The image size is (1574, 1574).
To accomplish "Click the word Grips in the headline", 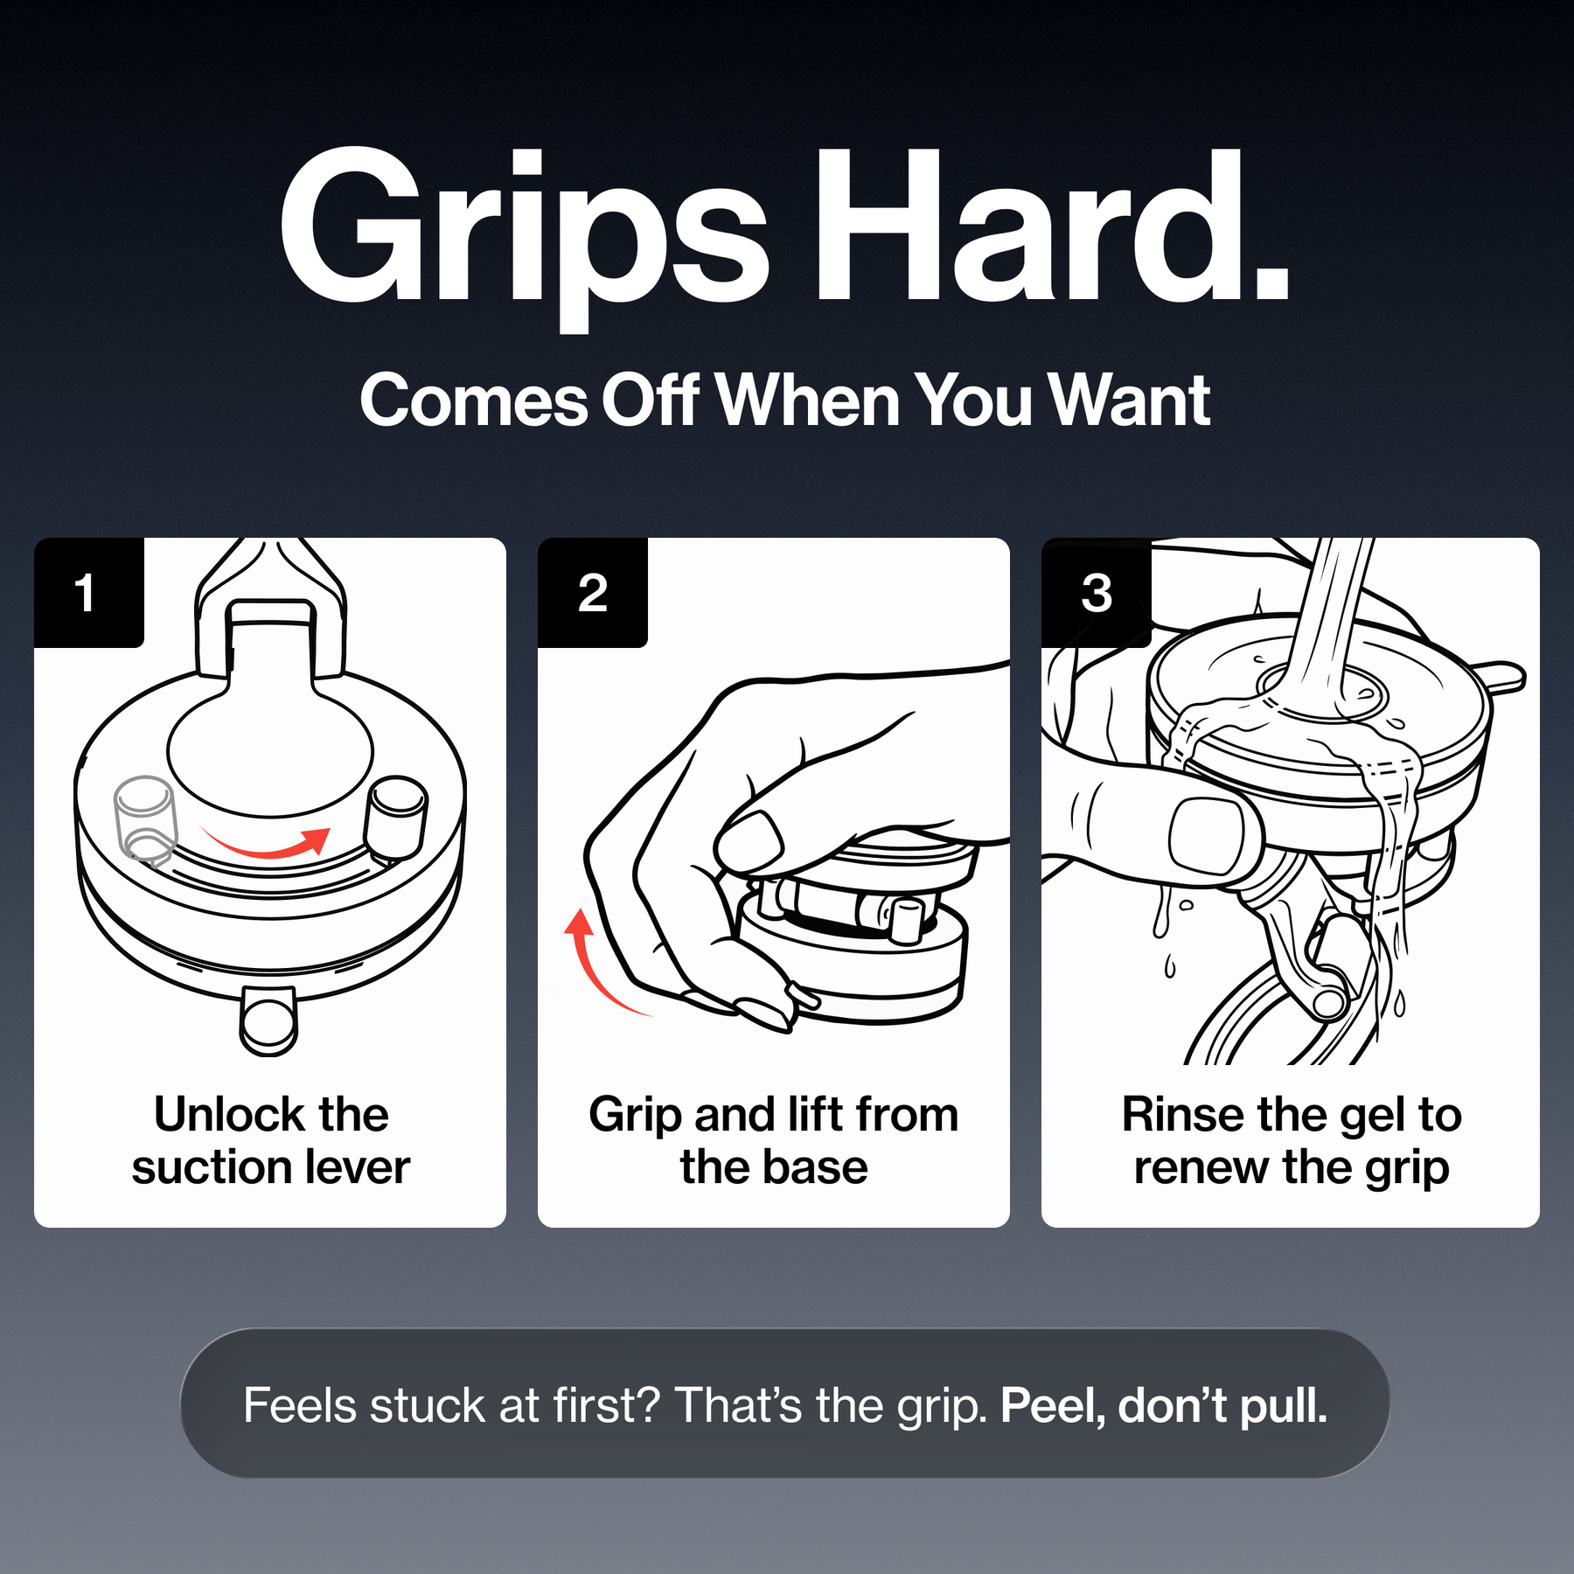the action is pyautogui.click(x=523, y=236).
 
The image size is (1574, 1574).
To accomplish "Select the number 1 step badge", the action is pyautogui.click(x=88, y=592).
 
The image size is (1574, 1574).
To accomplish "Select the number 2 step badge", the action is pyautogui.click(x=592, y=592).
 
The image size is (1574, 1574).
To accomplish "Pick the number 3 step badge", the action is pyautogui.click(x=1096, y=592).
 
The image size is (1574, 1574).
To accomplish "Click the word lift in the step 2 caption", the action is pyautogui.click(x=815, y=1115).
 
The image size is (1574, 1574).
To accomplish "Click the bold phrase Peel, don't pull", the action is pyautogui.click(x=1164, y=1406).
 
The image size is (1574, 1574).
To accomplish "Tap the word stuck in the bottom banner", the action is pyautogui.click(x=427, y=1406).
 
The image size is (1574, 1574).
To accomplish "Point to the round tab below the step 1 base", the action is pyautogui.click(x=269, y=1020).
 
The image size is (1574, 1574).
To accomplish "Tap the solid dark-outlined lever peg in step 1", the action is pyautogui.click(x=396, y=818).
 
